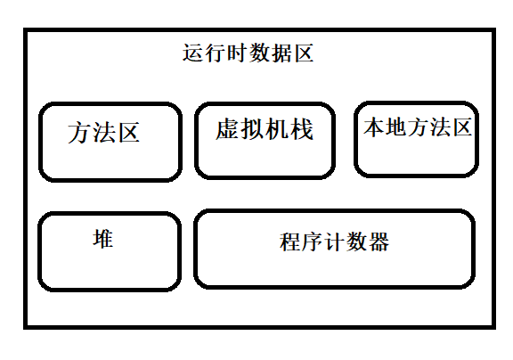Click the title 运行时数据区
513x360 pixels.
pyautogui.click(x=248, y=53)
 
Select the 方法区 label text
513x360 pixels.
pyautogui.click(x=103, y=133)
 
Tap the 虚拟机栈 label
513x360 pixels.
pyautogui.click(x=265, y=129)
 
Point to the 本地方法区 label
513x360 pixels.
pyautogui.click(x=418, y=127)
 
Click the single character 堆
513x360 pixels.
pyautogui.click(x=103, y=239)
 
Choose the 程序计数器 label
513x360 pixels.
pyautogui.click(x=334, y=241)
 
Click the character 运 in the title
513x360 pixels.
pyautogui.click(x=193, y=53)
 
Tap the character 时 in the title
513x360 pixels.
pyautogui.click(x=237, y=53)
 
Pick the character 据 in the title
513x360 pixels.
pyautogui.click(x=281, y=53)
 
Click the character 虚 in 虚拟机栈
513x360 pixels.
pyautogui.click(x=227, y=129)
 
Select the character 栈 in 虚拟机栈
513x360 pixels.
pyautogui.click(x=302, y=129)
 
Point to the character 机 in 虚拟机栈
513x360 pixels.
pyautogui.click(x=277, y=129)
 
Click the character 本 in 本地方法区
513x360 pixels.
pyautogui.click(x=374, y=127)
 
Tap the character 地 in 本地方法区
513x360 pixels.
pyautogui.click(x=395, y=127)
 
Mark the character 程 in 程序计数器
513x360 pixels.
pyautogui.click(x=289, y=241)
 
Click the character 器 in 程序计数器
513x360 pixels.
pyautogui.click(x=379, y=241)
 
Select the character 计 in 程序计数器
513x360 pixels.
pyautogui.click(x=334, y=241)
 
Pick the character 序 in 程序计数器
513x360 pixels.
pyautogui.click(x=312, y=241)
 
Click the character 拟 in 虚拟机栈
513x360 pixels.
pyautogui.click(x=252, y=129)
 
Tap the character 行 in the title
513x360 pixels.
pyautogui.click(x=215, y=53)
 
